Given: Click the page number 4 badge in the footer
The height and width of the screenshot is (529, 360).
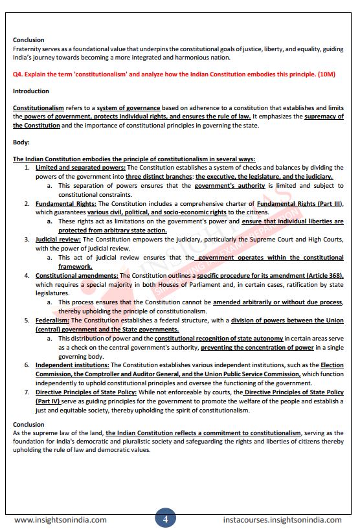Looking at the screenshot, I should point(165,519).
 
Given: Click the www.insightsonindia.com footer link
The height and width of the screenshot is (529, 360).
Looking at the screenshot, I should point(60,519).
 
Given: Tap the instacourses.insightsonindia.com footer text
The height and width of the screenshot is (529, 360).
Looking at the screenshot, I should point(282,519).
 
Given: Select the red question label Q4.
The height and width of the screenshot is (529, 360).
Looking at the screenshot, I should point(18,74).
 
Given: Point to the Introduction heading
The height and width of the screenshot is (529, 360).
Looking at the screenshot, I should point(31,91).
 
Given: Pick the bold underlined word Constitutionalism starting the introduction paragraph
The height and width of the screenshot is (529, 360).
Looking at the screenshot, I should point(38,108).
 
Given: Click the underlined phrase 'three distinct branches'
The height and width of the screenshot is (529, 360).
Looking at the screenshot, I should point(159,177).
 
